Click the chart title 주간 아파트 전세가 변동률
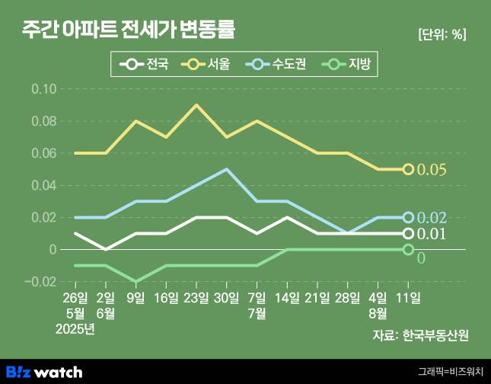coord(129,31)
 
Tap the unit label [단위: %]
coord(442,34)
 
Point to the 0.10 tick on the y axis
coord(44,89)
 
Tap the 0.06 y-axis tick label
coord(44,153)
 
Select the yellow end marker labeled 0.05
coord(408,169)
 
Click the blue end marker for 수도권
coord(408,217)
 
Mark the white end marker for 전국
coord(408,233)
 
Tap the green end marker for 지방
coord(408,249)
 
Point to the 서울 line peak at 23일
coord(196,105)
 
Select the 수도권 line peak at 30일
coord(227,169)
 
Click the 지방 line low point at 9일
coord(136,281)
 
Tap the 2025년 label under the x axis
coord(75,328)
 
